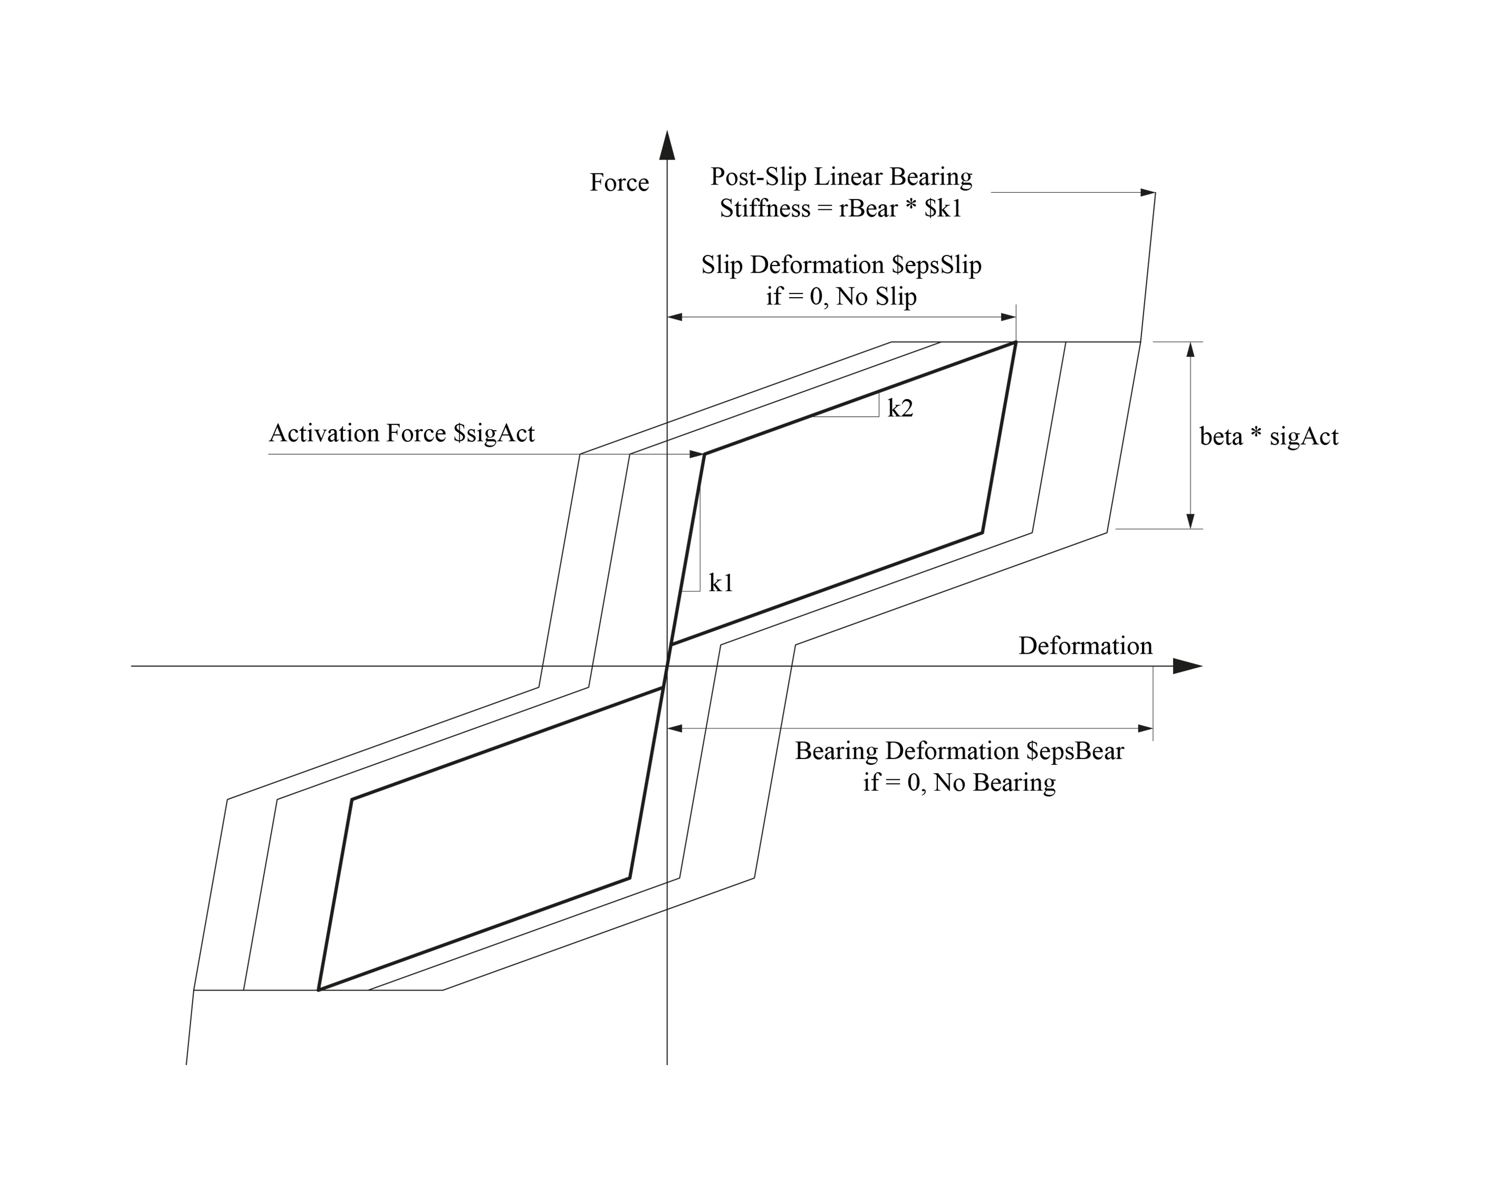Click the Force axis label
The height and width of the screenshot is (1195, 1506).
click(x=619, y=183)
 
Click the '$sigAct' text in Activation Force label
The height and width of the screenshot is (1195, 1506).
click(x=493, y=433)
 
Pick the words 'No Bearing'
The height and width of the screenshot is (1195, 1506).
click(x=994, y=782)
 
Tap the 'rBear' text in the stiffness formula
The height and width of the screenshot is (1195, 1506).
click(x=868, y=208)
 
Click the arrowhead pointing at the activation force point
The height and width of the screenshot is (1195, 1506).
click(x=696, y=454)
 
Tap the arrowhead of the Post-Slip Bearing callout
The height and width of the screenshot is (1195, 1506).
click(x=1148, y=192)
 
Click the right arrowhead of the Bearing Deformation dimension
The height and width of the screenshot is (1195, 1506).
click(x=1146, y=728)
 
